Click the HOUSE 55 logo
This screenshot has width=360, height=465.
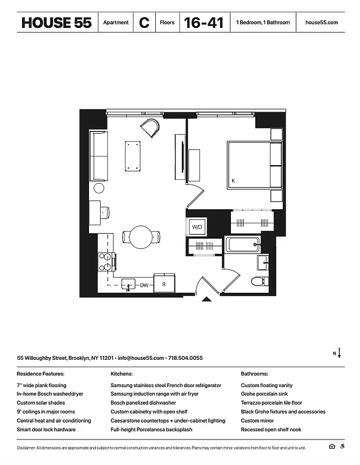click(56, 23)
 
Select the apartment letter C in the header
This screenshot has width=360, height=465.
click(144, 23)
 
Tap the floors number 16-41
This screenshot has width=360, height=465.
click(204, 23)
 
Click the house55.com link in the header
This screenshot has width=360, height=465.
click(321, 23)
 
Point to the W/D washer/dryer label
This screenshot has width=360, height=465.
click(197, 227)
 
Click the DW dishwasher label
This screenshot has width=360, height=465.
click(144, 285)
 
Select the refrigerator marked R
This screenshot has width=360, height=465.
click(165, 284)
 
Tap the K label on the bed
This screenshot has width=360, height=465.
click(233, 181)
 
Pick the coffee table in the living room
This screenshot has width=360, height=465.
click(134, 156)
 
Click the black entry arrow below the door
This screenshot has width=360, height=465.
click(206, 300)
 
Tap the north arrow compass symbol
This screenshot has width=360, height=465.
click(338, 353)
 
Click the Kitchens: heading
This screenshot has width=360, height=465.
click(122, 374)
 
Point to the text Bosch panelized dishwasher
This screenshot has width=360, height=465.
click(143, 403)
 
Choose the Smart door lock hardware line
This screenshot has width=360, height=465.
click(46, 430)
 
